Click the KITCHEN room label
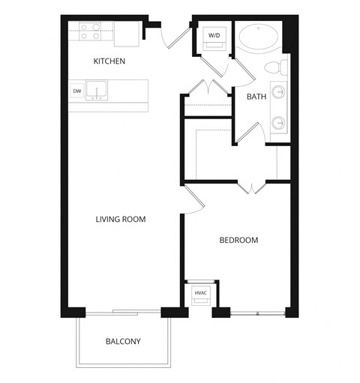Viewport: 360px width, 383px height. [109, 61]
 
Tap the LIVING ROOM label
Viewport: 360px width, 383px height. [120, 220]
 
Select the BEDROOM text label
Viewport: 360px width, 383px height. [238, 241]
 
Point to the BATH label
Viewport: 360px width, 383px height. [256, 96]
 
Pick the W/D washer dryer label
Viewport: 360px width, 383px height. [214, 35]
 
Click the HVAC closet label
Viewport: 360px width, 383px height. [199, 293]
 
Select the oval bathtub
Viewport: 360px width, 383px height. [259, 37]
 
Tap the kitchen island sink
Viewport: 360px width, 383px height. [97, 91]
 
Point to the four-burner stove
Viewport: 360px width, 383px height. [91, 31]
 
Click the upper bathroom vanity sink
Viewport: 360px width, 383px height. [279, 93]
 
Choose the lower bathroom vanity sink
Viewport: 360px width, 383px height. [279, 121]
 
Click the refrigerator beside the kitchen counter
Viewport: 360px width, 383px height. [128, 31]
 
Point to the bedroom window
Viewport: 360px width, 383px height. [257, 312]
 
